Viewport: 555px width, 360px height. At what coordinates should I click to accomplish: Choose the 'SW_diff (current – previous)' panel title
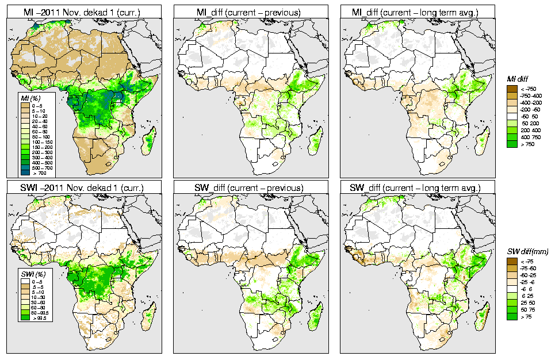[x=253, y=188]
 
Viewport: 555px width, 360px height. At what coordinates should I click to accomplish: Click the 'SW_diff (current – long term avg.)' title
[x=418, y=188]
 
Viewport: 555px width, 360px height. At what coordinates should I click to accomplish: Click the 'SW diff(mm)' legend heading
[x=527, y=252]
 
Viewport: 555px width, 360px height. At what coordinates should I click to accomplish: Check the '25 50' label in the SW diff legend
[x=529, y=302]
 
